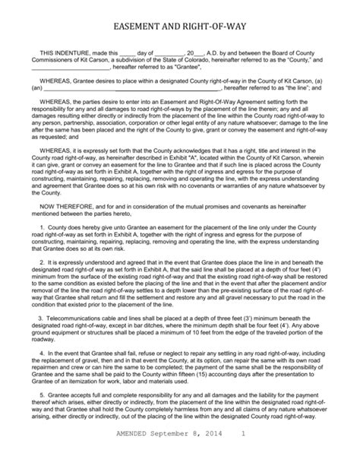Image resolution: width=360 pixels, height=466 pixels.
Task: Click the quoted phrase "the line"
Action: (x=301, y=88)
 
